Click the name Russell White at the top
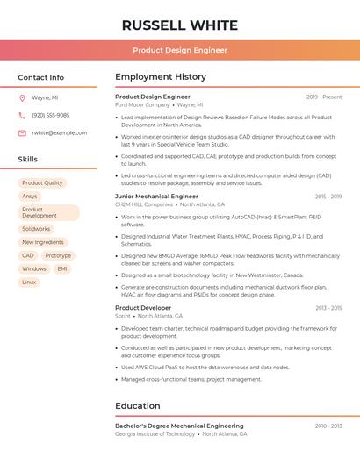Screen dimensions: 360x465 (179, 25)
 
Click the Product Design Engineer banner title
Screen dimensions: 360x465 (180, 51)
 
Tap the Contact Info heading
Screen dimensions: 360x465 (40, 77)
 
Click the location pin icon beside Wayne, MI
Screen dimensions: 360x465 (22, 98)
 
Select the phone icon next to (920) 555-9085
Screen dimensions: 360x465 (22, 115)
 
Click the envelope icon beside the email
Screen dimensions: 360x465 (22, 133)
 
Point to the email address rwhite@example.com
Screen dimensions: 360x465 (59, 133)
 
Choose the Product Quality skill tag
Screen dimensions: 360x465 (42, 183)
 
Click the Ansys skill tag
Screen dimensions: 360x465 (30, 197)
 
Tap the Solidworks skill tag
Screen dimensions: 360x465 (36, 229)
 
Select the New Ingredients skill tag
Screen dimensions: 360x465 (43, 242)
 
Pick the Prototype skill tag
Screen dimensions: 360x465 (58, 255)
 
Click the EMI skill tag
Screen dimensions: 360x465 (62, 268)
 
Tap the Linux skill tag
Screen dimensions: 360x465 (29, 282)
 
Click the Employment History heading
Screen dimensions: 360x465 (161, 77)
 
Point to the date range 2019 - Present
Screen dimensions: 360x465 (324, 97)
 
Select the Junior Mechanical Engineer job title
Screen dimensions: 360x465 (156, 197)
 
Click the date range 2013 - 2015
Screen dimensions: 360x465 (328, 308)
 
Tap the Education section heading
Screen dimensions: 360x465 (139, 406)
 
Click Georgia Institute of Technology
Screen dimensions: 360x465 (155, 433)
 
